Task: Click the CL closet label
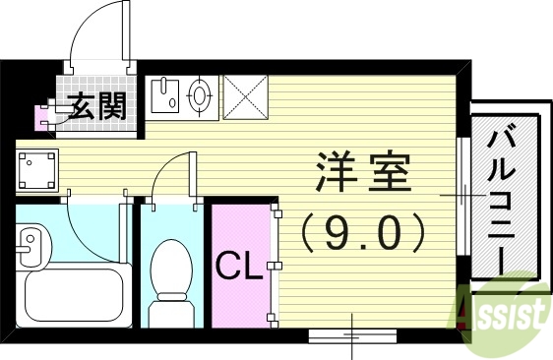click(239, 265)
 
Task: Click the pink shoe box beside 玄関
click(43, 117)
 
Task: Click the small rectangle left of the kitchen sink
click(163, 95)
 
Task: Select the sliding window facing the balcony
click(462, 197)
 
